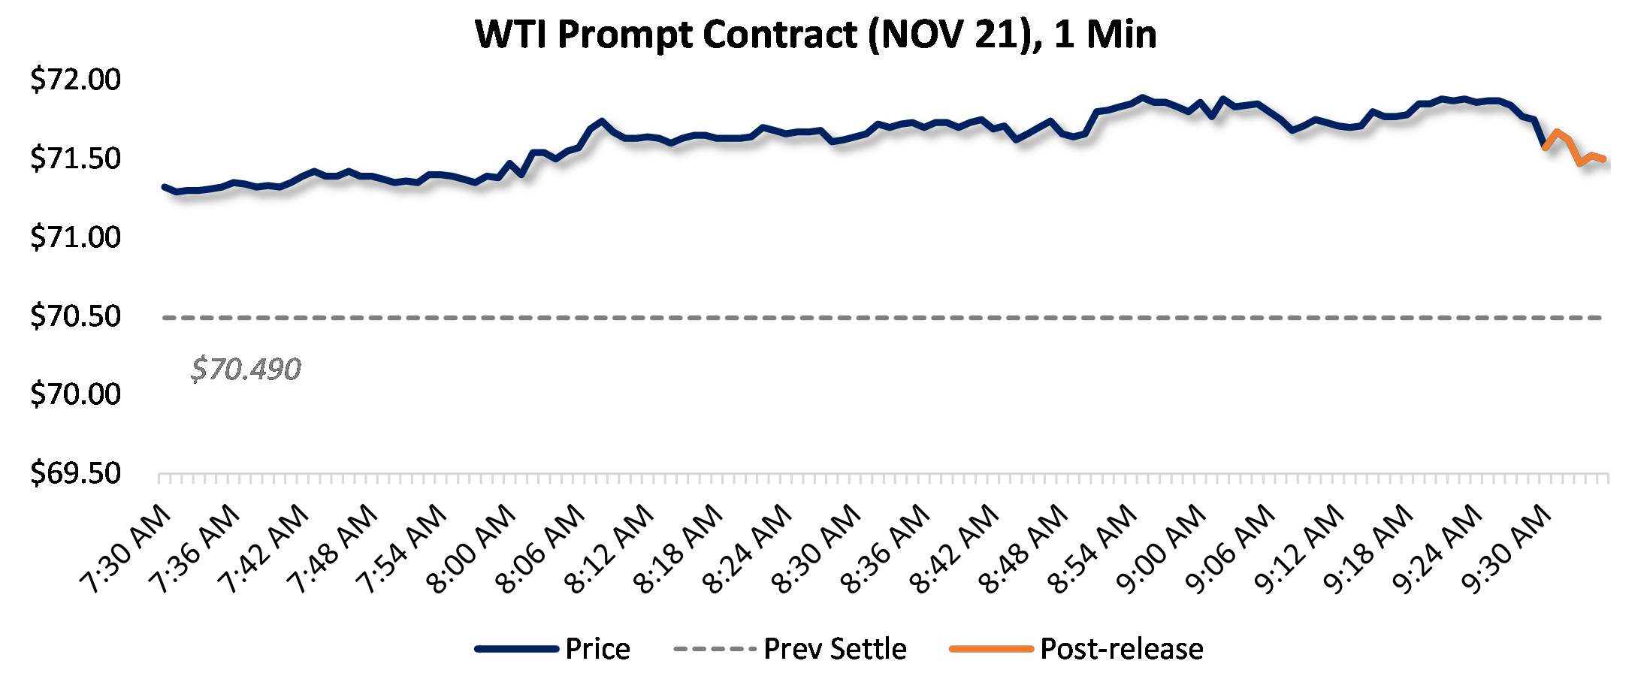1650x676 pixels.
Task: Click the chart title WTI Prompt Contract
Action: pyautogui.click(x=815, y=35)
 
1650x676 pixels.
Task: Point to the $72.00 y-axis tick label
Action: pyautogui.click(x=75, y=80)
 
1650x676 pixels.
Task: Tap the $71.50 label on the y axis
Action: pyautogui.click(x=75, y=158)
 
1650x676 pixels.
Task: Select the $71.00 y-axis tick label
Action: pyautogui.click(x=75, y=237)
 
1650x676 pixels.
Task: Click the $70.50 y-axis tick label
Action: pyautogui.click(x=75, y=316)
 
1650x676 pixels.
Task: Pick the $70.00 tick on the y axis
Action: pyautogui.click(x=75, y=394)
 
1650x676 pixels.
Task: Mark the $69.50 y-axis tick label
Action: pyautogui.click(x=75, y=473)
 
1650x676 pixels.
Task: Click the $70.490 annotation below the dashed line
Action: pyautogui.click(x=246, y=370)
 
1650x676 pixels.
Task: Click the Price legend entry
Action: pyautogui.click(x=597, y=649)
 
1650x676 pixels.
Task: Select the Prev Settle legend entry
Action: pyautogui.click(x=835, y=649)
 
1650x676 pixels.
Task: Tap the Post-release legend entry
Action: pyautogui.click(x=1121, y=649)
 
